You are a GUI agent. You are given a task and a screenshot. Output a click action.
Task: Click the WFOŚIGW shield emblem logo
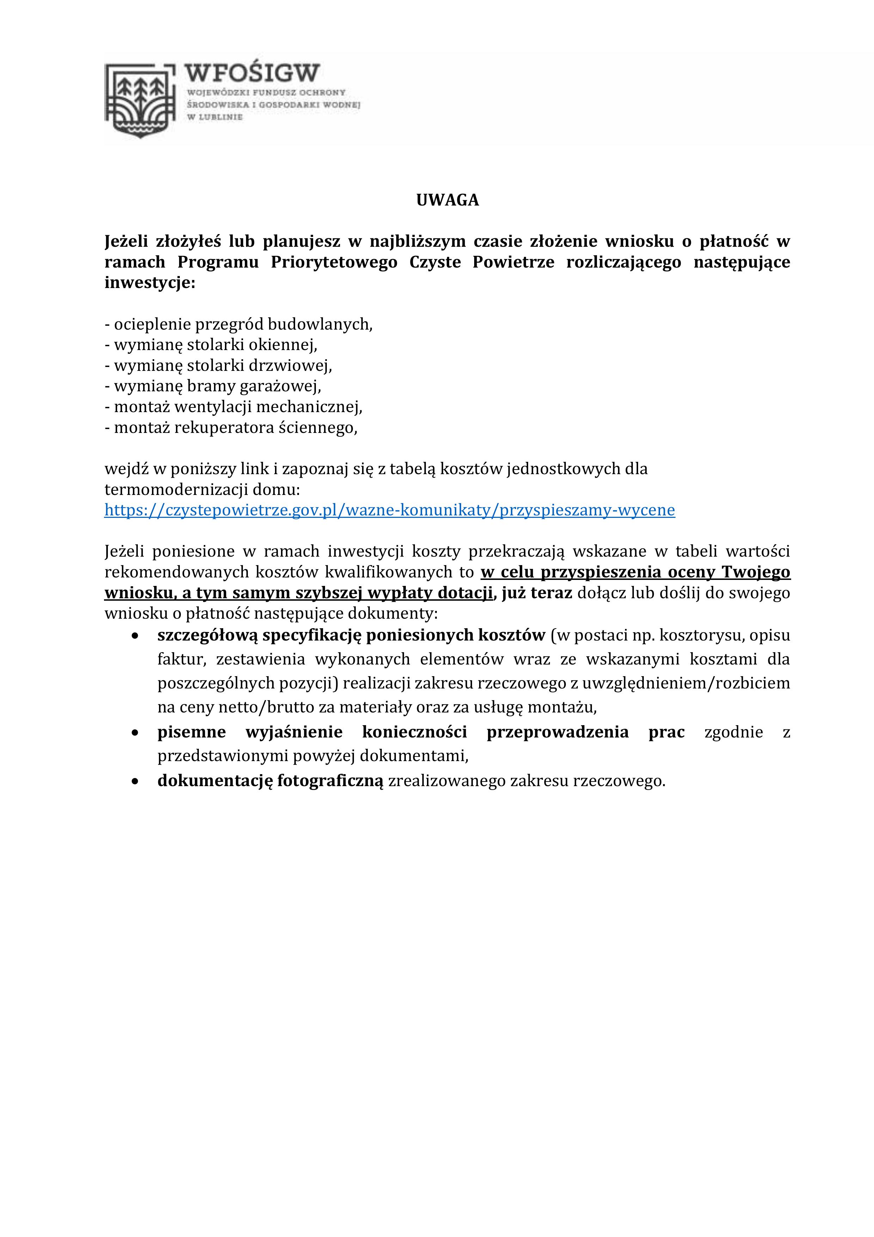point(140,100)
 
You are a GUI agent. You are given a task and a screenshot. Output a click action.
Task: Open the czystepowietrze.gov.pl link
point(389,510)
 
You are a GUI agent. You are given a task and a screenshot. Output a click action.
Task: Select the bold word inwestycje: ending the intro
point(150,283)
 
